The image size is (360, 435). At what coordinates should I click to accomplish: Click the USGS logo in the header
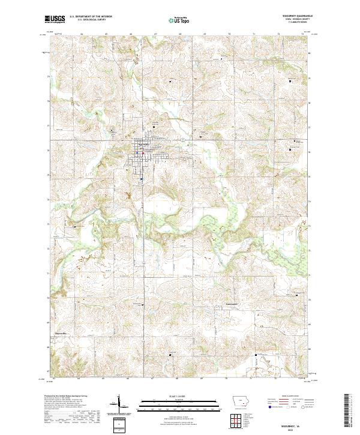coord(55,19)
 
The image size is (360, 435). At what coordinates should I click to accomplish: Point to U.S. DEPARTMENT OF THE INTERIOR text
coord(90,17)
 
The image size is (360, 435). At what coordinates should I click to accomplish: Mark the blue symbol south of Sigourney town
coord(141,178)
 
